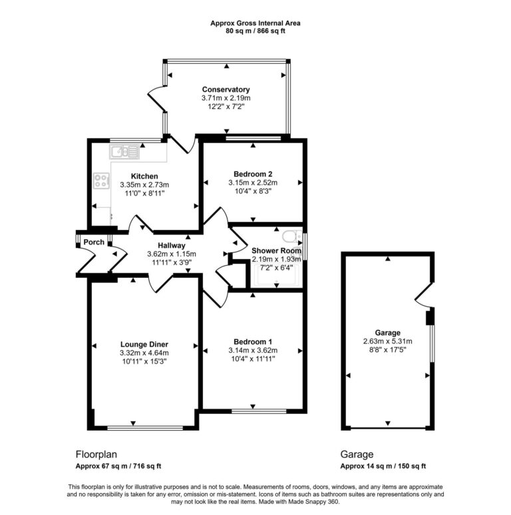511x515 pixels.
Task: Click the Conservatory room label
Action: (x=226, y=89)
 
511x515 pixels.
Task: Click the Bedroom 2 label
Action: (x=252, y=173)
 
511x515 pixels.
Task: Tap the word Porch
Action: (x=94, y=242)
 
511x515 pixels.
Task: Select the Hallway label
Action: (x=171, y=245)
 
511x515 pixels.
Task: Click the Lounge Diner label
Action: (x=144, y=344)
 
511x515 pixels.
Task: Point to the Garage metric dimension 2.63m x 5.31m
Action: (x=387, y=342)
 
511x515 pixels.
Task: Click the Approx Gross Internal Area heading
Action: (x=255, y=23)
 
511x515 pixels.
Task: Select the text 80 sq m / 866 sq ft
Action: (x=255, y=31)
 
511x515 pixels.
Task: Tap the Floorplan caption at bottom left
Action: (x=96, y=455)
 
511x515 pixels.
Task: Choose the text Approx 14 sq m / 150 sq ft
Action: (x=383, y=466)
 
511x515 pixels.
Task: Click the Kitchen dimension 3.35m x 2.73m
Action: (x=144, y=185)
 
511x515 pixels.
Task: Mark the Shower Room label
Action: (x=275, y=251)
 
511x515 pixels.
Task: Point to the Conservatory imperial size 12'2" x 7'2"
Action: (x=226, y=106)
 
